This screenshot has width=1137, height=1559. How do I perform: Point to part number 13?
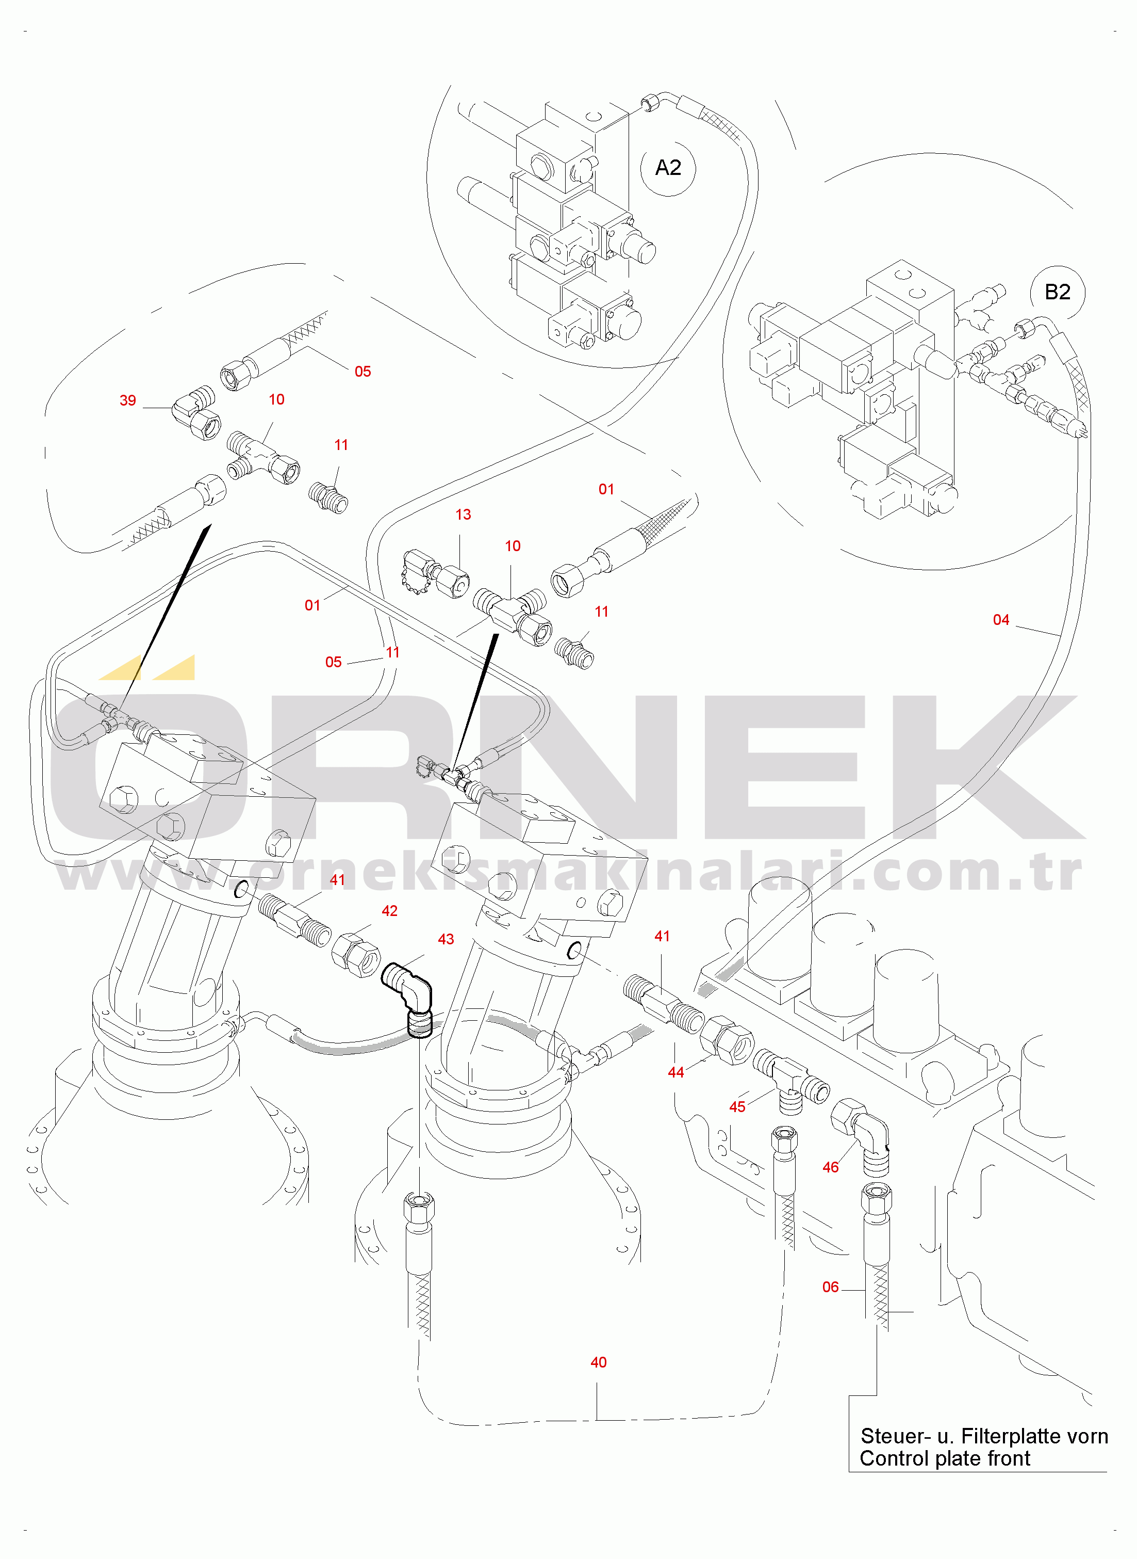coord(463,515)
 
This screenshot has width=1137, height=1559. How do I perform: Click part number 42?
coord(389,911)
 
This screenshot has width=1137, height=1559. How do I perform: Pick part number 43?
coord(446,939)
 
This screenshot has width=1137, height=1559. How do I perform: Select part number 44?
coord(676,1072)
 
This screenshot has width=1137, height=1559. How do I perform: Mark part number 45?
coord(737,1106)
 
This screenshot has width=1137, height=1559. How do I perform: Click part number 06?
coord(831,1287)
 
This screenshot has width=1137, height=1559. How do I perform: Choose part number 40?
coord(599,1362)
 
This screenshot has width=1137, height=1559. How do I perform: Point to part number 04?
coord(1001,620)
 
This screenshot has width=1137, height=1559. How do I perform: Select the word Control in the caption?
coord(892,1458)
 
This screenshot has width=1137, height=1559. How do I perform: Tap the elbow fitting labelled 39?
coord(195,412)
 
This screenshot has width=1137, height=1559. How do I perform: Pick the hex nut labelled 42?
coord(355,954)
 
